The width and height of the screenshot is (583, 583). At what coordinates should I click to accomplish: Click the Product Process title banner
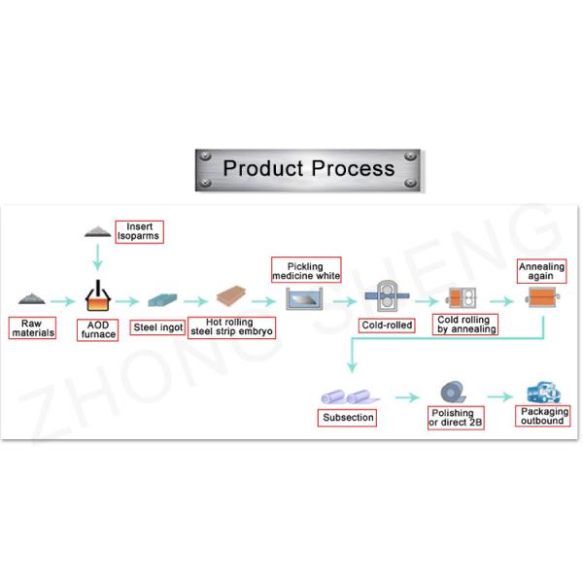(309, 168)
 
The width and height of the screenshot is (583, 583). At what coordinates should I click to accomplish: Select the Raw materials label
(32, 328)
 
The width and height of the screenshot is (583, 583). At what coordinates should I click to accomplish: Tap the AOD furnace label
(98, 330)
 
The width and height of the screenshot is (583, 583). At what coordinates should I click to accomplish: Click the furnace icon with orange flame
(98, 295)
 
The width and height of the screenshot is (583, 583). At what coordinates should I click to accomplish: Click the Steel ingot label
(157, 326)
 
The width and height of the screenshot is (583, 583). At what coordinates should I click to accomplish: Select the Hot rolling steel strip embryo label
(232, 327)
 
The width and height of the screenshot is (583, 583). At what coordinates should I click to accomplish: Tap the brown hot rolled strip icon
(232, 295)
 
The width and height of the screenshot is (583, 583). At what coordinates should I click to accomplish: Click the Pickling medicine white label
(306, 270)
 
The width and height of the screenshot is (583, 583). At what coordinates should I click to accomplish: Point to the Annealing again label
(540, 269)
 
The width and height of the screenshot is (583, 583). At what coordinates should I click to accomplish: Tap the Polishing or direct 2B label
(456, 420)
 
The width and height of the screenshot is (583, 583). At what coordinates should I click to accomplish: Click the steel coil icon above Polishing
(452, 393)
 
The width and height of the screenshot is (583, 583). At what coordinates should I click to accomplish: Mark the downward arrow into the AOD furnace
(97, 257)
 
